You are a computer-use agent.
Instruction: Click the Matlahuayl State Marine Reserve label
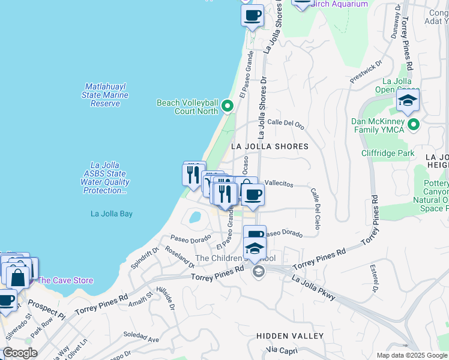(x=105, y=95)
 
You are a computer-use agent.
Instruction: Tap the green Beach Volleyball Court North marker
(x=228, y=106)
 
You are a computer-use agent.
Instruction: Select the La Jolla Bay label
(x=112, y=214)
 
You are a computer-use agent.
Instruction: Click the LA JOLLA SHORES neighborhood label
(x=270, y=146)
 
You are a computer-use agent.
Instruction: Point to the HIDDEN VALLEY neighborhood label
(x=290, y=336)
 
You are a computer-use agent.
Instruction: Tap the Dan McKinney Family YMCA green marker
(x=414, y=125)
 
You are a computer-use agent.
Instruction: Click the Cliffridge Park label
(x=388, y=154)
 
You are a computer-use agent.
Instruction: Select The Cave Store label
(x=65, y=280)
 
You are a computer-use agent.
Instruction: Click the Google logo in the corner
(x=19, y=353)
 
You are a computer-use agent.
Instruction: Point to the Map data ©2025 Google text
(x=411, y=355)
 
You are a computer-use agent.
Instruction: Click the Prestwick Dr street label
(x=366, y=73)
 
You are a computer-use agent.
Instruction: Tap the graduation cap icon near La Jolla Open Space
(x=408, y=100)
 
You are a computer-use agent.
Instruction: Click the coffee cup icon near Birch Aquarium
(x=252, y=14)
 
